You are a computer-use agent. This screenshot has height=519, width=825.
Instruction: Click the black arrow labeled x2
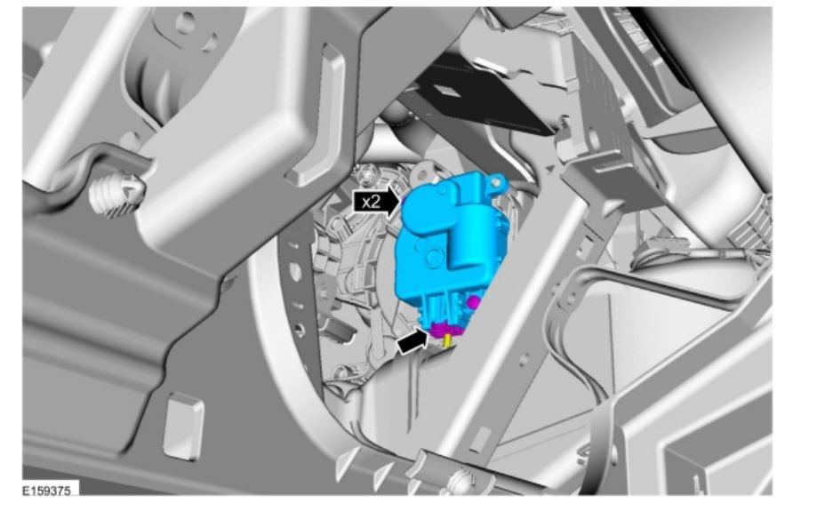(x=377, y=201)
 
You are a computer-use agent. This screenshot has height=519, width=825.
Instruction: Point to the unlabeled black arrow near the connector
(x=412, y=342)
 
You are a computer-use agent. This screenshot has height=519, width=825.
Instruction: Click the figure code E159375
(x=46, y=491)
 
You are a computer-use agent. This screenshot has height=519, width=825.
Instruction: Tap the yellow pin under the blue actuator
(x=448, y=341)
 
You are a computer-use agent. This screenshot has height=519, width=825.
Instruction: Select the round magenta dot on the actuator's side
(x=474, y=302)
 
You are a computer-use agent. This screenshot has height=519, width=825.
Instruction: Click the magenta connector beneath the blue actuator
(x=445, y=331)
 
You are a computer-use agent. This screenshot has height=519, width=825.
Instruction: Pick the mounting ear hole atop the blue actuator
(x=496, y=182)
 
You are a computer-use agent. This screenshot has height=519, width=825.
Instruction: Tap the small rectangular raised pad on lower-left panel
(x=183, y=426)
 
